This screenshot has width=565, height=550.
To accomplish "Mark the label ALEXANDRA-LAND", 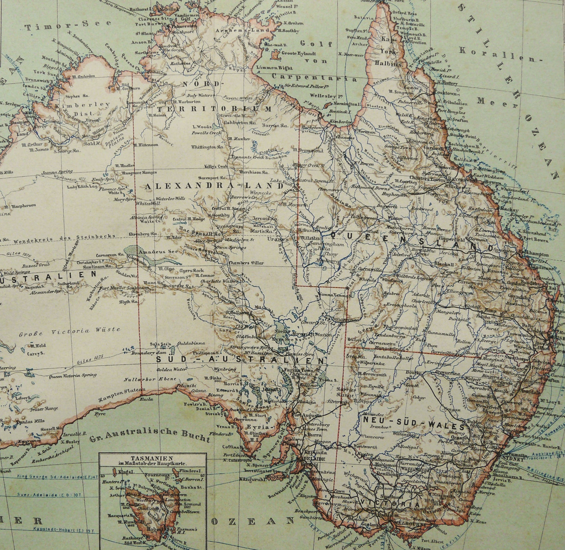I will click(213, 186).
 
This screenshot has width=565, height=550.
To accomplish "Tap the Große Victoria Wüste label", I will click(69, 331).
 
